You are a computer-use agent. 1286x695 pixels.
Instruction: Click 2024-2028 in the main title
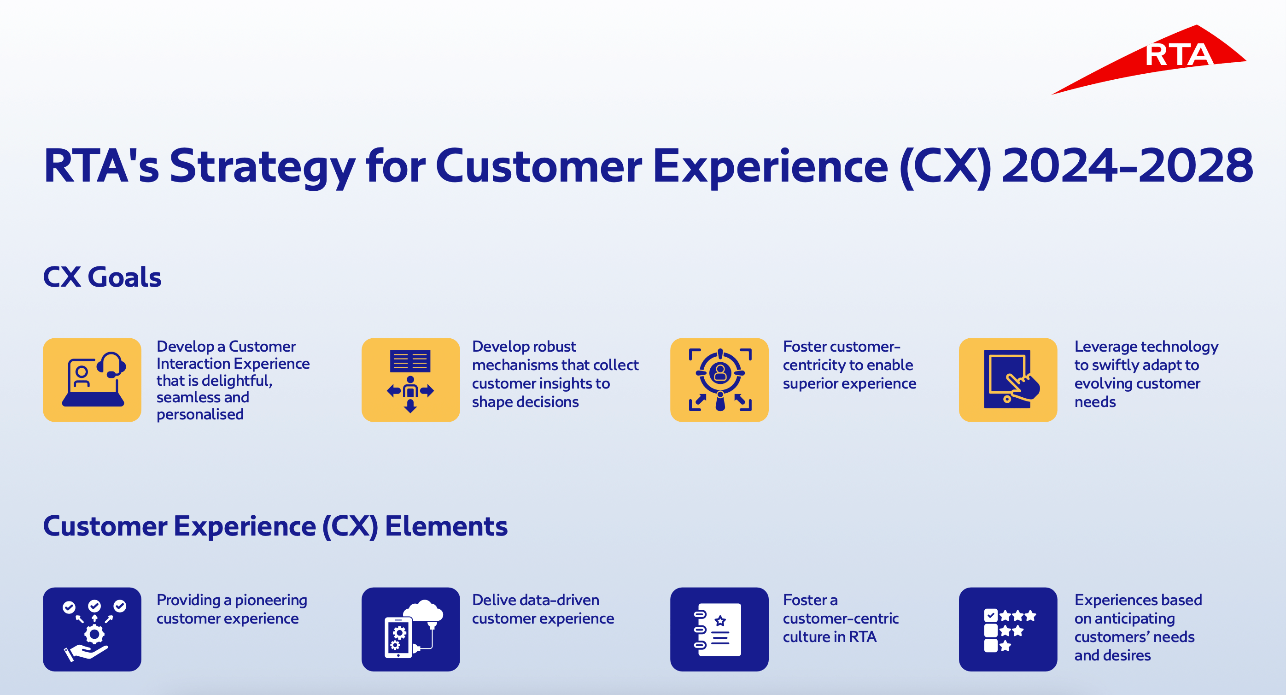pos(1127,165)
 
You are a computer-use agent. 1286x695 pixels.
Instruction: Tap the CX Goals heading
pos(102,277)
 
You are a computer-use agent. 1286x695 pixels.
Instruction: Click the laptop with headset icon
pos(93,380)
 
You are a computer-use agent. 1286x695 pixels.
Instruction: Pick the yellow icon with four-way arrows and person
pos(410,380)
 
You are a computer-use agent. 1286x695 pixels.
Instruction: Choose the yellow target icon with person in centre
pos(719,380)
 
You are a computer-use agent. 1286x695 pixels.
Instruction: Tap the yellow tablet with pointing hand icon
pos(1008,380)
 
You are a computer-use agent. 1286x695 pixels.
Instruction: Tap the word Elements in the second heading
pos(446,526)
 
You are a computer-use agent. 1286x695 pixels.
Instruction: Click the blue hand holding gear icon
pos(93,629)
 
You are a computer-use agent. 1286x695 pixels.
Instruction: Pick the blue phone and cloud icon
pos(410,629)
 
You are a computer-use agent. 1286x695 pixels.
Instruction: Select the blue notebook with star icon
pos(719,629)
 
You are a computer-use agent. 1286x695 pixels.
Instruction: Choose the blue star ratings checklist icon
pos(1008,629)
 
